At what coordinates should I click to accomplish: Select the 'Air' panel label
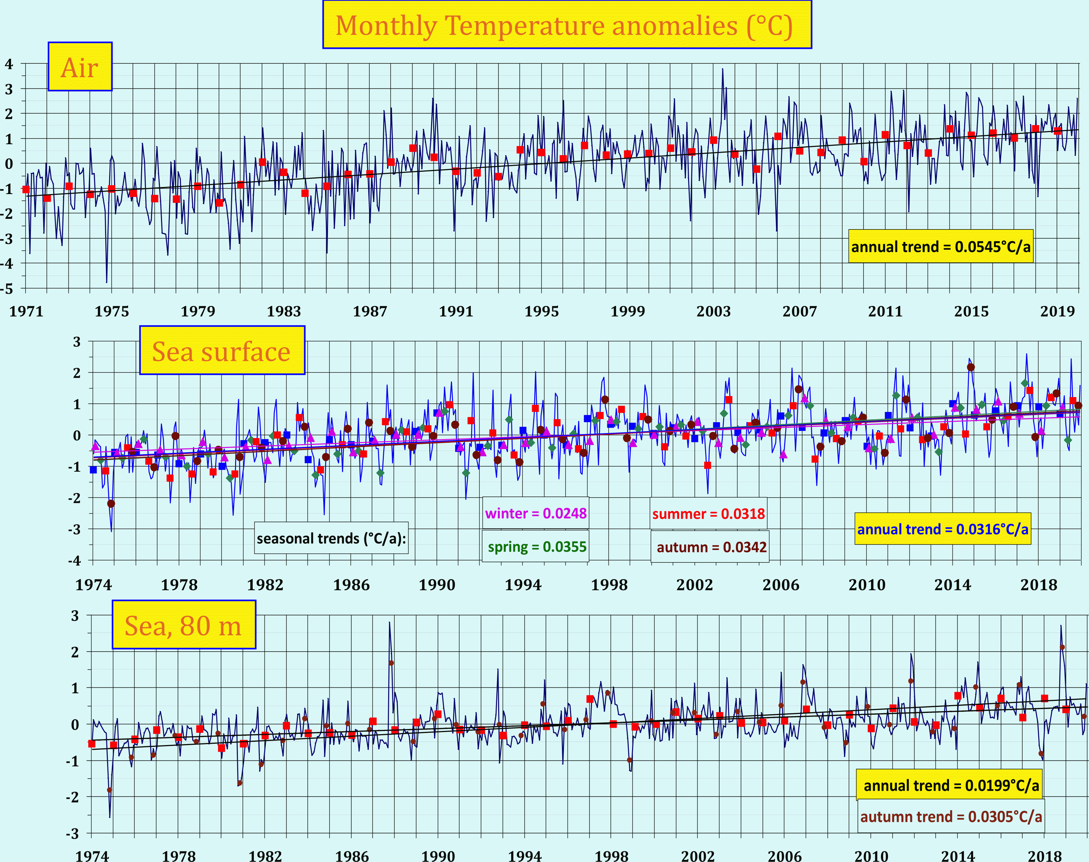[80, 67]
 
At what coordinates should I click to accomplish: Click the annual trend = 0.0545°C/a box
[940, 247]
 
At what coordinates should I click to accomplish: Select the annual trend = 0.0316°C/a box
[943, 529]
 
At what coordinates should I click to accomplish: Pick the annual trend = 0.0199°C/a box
[950, 785]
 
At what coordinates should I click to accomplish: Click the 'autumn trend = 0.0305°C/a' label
[951, 817]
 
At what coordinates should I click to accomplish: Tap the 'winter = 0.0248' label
[535, 513]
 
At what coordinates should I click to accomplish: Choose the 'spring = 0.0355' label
[536, 546]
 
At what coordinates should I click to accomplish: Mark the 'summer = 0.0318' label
[708, 514]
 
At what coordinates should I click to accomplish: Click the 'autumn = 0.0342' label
[711, 547]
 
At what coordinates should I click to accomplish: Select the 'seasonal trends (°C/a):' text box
[331, 539]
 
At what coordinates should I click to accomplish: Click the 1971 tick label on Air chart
[26, 311]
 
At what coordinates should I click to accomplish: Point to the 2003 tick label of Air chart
[713, 311]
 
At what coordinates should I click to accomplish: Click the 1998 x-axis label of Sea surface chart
[609, 585]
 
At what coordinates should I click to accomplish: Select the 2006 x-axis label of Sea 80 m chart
[784, 855]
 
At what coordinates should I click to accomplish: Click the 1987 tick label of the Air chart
[370, 311]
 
